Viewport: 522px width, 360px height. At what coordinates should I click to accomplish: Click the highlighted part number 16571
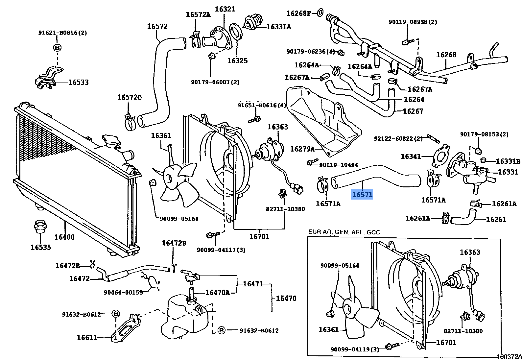click(362, 195)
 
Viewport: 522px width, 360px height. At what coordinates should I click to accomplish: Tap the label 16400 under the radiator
click(64, 237)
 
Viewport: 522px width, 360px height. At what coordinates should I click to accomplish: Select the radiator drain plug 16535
click(40, 227)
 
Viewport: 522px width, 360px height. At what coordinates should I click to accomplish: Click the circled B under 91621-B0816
click(57, 48)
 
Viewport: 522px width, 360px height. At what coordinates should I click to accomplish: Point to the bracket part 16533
click(48, 79)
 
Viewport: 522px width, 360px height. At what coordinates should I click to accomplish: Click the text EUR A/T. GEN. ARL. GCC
click(344, 232)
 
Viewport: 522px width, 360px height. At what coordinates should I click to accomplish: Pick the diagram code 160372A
click(509, 356)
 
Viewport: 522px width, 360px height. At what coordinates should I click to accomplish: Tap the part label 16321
click(225, 9)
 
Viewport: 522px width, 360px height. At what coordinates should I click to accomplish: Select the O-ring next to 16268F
click(320, 13)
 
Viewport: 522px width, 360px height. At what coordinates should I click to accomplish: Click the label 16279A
click(302, 149)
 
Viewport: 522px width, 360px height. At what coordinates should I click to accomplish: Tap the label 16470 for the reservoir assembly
click(286, 298)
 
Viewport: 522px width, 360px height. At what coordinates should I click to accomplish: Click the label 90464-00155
click(123, 292)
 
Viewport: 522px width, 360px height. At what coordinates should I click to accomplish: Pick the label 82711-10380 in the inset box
click(463, 331)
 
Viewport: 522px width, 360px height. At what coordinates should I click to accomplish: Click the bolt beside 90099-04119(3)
click(392, 346)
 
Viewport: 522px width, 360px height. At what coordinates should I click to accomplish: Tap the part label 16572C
click(129, 97)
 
